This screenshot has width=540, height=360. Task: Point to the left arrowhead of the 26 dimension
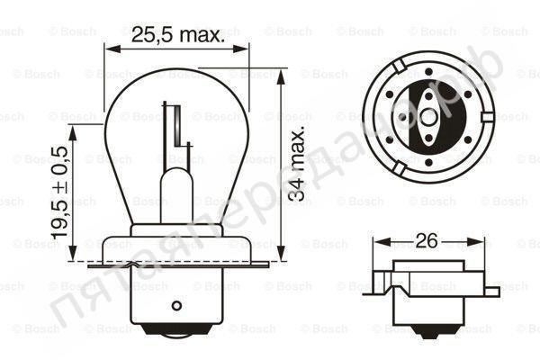(376, 241)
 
